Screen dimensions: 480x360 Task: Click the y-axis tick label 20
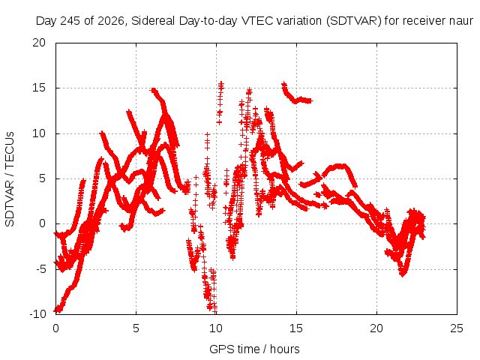coord(39,43)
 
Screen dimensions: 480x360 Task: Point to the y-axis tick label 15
coord(39,88)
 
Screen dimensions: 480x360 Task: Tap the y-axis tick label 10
coord(39,133)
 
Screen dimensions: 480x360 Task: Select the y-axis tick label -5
coord(41,269)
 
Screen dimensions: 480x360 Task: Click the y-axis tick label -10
coord(38,313)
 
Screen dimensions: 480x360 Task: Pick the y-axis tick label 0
coord(42,223)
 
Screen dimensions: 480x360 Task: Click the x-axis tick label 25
coord(457,328)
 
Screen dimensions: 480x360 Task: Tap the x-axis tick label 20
coord(376,328)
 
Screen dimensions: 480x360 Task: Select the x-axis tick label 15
coord(296,328)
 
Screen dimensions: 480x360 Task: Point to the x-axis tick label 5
coord(136,328)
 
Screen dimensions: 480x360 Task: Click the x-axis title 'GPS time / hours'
coord(254,349)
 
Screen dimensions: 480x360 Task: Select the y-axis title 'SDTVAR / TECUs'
coord(10,179)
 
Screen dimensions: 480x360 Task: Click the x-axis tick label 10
coord(216,328)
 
